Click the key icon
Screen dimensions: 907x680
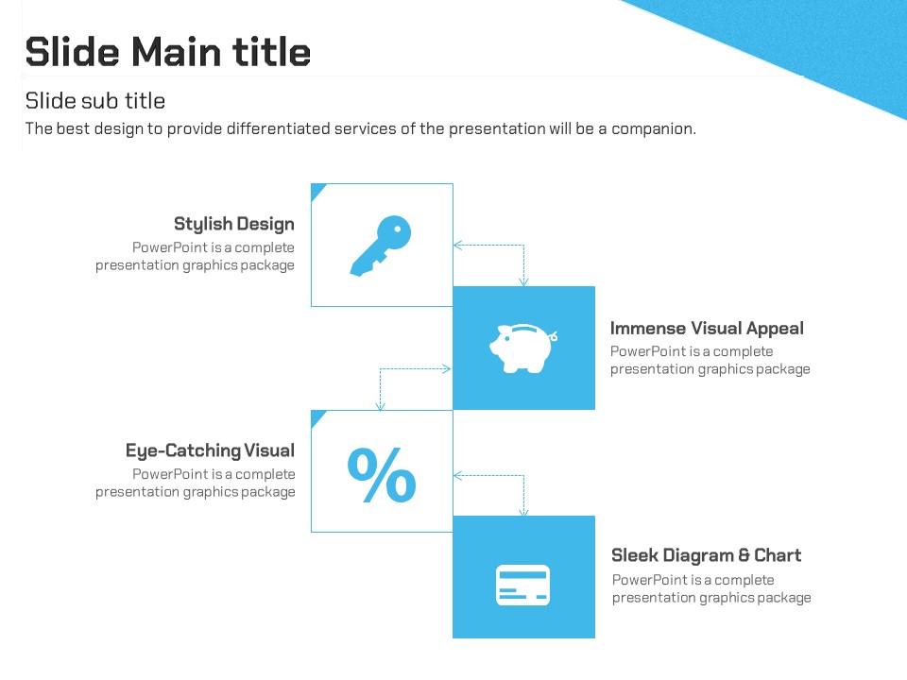(x=380, y=246)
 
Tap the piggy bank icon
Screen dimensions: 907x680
(x=522, y=348)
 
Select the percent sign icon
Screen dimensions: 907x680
(x=382, y=475)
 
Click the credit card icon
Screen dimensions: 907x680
(x=522, y=586)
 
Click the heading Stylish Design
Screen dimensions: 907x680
(x=234, y=225)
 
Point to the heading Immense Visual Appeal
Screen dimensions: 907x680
(x=707, y=329)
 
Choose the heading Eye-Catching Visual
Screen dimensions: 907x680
(x=210, y=451)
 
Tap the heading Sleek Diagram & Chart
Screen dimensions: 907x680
(x=707, y=555)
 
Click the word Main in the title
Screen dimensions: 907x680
(x=177, y=52)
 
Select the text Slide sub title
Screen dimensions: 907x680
(x=95, y=101)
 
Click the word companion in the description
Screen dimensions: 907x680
(x=654, y=129)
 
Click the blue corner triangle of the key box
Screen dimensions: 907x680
(x=317, y=190)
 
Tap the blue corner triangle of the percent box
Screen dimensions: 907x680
(x=317, y=416)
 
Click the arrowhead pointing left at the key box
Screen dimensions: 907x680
(x=457, y=246)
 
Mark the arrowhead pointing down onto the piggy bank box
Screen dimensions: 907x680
(x=523, y=282)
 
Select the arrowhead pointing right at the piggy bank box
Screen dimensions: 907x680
(x=447, y=369)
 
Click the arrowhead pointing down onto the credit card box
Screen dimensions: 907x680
(x=523, y=512)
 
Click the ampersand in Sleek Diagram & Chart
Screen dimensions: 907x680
(x=744, y=555)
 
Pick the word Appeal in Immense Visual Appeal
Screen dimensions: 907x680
(x=775, y=329)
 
